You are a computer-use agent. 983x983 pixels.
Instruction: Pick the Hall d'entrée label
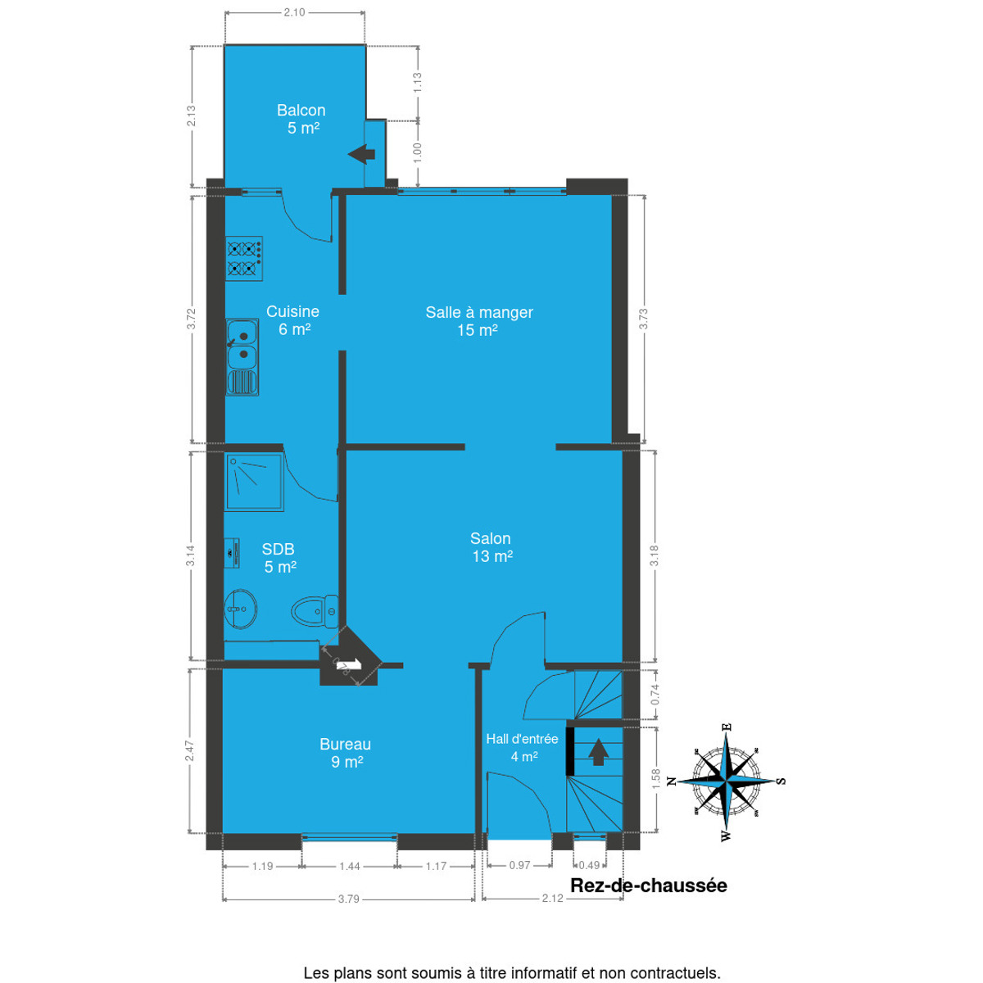tap(522, 739)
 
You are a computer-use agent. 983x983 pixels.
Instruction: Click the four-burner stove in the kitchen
tap(244, 258)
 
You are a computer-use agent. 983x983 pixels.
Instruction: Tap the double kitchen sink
tap(242, 357)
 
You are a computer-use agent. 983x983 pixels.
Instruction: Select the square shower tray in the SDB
tap(255, 482)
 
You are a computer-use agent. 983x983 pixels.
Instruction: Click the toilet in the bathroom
tap(315, 610)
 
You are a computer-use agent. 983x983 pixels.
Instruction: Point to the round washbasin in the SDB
tap(240, 609)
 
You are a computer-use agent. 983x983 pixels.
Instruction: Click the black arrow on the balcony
tap(362, 154)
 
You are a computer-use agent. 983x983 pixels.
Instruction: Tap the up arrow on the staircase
tap(598, 753)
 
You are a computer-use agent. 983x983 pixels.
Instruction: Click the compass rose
tap(727, 781)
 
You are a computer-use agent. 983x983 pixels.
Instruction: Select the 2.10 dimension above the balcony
tap(294, 12)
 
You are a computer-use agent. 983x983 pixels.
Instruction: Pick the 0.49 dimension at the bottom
tap(589, 865)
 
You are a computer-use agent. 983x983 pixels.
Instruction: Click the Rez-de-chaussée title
tap(648, 885)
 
